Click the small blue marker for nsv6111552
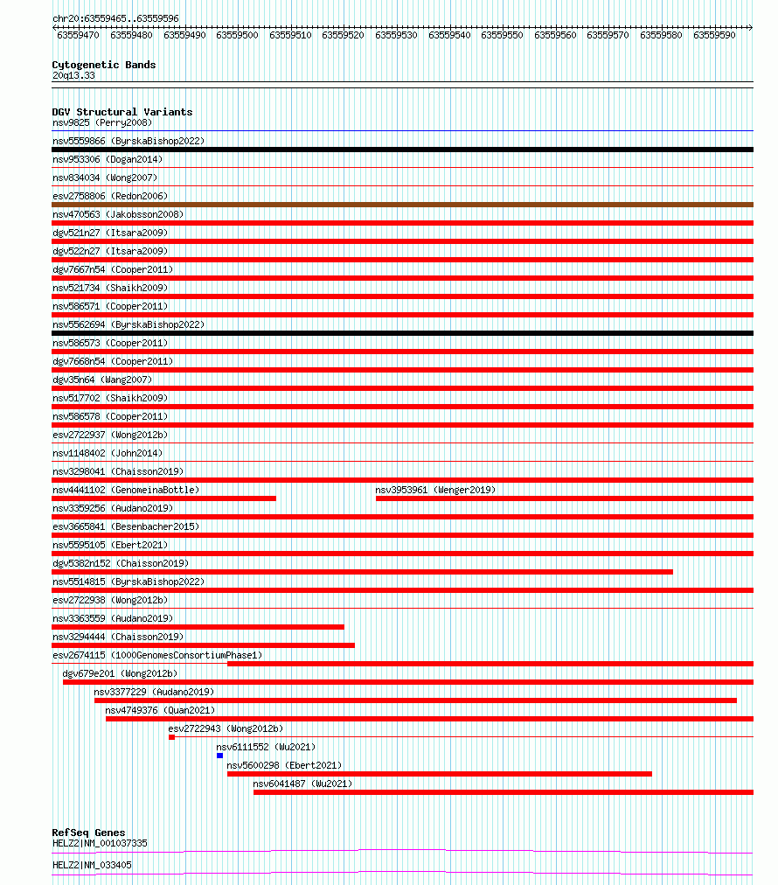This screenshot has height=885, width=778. [220, 755]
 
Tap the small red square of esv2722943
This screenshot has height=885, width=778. [171, 737]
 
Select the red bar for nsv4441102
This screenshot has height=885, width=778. [163, 498]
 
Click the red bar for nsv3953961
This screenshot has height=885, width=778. [564, 498]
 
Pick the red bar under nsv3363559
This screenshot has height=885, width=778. [198, 627]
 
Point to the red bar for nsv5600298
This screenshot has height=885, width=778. [439, 774]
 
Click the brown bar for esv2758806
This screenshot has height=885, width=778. [402, 205]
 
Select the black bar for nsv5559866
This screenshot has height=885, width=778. [402, 150]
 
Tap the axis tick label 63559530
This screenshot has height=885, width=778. [396, 35]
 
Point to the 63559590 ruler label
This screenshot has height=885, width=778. [714, 35]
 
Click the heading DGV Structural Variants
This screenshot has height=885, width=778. [122, 112]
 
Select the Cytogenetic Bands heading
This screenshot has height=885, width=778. [103, 65]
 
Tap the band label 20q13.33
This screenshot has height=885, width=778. [73, 75]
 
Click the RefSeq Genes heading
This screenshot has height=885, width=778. [88, 833]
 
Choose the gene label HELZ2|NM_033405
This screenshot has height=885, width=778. [92, 865]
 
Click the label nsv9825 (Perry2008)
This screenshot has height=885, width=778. [101, 122]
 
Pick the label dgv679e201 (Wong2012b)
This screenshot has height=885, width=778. [119, 673]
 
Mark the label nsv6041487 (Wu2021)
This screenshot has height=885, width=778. [302, 784]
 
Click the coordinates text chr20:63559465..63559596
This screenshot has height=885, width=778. [115, 18]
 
